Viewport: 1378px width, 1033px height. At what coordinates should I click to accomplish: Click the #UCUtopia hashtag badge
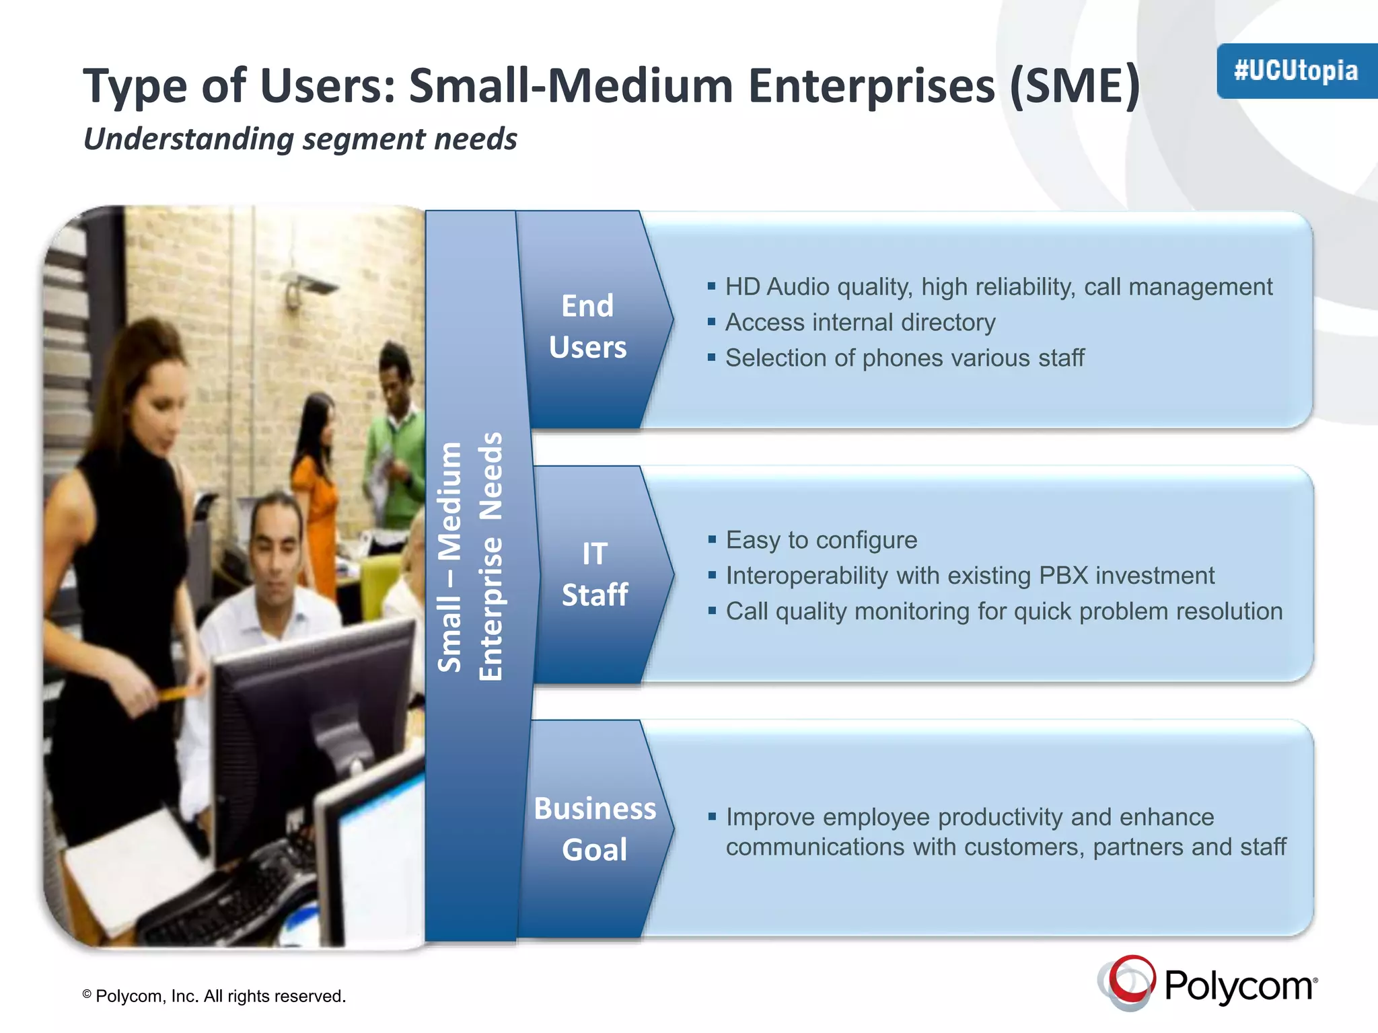coord(1296,71)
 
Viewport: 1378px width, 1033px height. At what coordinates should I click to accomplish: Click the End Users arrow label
coord(587,326)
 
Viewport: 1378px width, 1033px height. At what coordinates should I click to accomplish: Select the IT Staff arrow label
coord(595,574)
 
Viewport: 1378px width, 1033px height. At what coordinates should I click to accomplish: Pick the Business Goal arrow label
coord(595,829)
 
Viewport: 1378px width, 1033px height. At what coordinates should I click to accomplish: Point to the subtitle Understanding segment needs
coord(300,139)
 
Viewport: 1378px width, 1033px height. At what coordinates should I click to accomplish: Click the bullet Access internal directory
coord(860,323)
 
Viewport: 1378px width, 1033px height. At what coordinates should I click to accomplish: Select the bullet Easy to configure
coord(821,540)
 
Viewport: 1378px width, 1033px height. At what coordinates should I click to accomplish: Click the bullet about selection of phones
coord(904,358)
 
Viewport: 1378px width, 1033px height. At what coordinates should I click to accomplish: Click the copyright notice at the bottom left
coord(214,996)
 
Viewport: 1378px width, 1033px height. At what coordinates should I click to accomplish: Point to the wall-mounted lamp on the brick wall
coord(306,286)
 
